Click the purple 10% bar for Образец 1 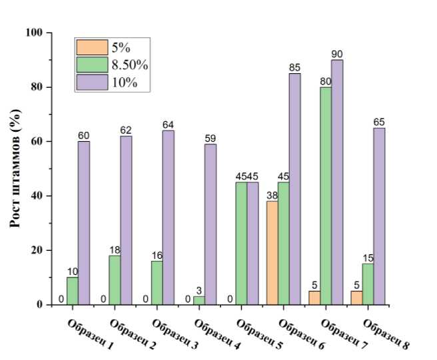pos(83,223)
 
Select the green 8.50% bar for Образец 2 pos(114,280)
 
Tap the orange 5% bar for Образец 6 pos(272,253)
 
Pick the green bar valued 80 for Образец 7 pos(326,196)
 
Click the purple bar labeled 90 pos(337,182)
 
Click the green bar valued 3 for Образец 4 pos(198,301)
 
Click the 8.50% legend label pos(129,65)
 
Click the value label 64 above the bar pos(168,125)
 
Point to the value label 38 pos(272,196)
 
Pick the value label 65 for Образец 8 pos(379,122)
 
